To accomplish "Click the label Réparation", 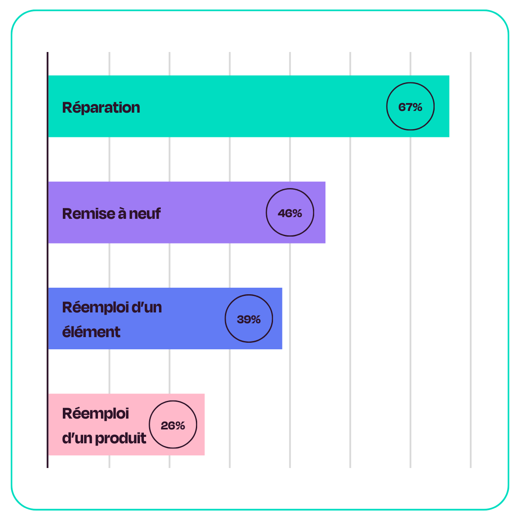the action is pos(101,107).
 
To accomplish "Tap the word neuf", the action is pos(145,214).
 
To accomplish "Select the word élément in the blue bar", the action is pos(91,331).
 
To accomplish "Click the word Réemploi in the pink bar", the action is pos(95,414).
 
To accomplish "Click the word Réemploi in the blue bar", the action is pos(95,308).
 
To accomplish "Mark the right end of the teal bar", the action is pos(449,106).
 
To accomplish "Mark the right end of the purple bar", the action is pos(325,212).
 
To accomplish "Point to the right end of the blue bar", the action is pos(282,318).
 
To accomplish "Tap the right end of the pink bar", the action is pos(204,425).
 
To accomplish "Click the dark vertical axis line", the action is pos(48,260).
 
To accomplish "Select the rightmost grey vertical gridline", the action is pos(471,260).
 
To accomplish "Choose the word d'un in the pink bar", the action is pos(77,438).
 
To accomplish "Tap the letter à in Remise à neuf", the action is pos(122,213).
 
